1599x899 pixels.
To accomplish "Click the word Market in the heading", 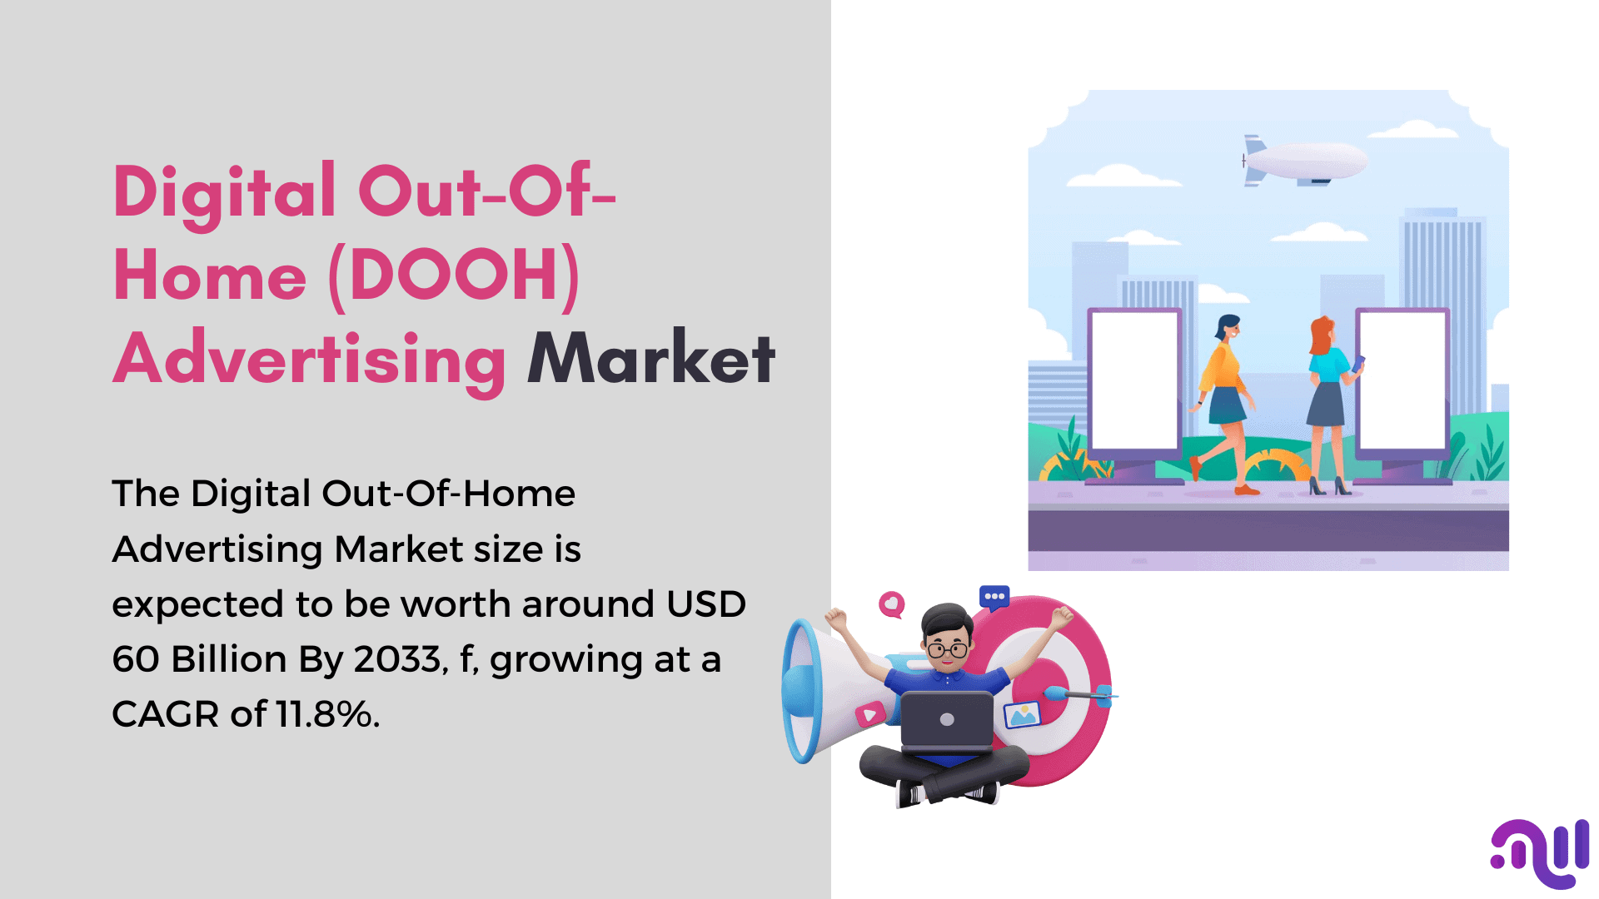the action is (x=651, y=358).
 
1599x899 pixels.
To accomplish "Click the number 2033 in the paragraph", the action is (x=396, y=659).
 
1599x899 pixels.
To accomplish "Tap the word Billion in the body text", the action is (x=229, y=659).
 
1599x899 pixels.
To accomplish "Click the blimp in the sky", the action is (x=1303, y=161).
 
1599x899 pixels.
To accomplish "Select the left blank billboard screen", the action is (x=1134, y=380).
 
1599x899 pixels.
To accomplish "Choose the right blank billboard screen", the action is (x=1402, y=380).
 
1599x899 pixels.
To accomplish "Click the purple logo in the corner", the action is (x=1541, y=853).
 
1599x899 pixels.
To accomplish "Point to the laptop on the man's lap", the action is (x=947, y=721).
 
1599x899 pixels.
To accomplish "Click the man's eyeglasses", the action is (x=948, y=650).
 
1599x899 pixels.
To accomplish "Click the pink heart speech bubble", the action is (x=892, y=604).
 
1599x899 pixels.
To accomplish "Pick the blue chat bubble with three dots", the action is (x=994, y=597).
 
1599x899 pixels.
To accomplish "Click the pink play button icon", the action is (x=870, y=714).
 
